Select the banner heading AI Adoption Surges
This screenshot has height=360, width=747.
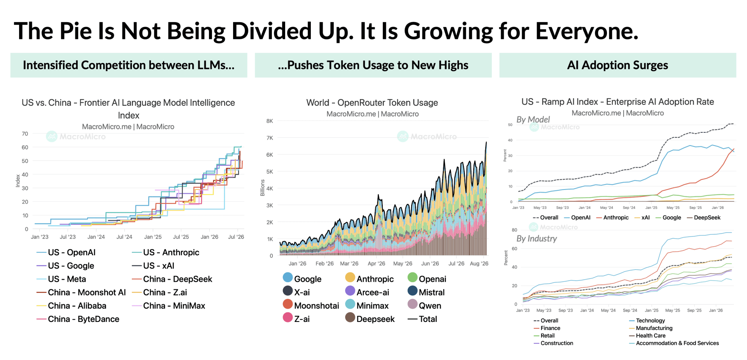(x=617, y=65)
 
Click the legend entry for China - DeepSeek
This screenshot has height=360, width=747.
(x=172, y=279)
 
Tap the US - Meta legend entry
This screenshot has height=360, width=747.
(x=61, y=279)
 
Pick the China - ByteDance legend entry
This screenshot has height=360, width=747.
(x=78, y=319)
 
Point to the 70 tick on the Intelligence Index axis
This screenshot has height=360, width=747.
(x=25, y=133)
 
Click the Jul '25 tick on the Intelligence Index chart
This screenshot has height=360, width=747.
(x=181, y=237)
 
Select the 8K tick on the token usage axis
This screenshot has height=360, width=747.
(x=270, y=121)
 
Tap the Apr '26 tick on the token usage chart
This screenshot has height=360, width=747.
(x=376, y=263)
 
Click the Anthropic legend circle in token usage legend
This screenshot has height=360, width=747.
(x=350, y=277)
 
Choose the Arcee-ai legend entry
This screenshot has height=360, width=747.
(x=367, y=292)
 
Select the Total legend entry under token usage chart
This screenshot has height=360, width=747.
(x=422, y=319)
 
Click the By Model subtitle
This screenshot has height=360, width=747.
(x=533, y=119)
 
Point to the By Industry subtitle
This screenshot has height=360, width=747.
(x=537, y=239)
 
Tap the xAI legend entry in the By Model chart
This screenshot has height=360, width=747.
(x=642, y=218)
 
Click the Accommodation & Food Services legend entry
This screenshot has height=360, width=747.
(x=674, y=343)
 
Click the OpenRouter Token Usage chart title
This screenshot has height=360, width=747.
(x=372, y=103)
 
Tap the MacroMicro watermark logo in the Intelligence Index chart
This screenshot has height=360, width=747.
(x=52, y=137)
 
